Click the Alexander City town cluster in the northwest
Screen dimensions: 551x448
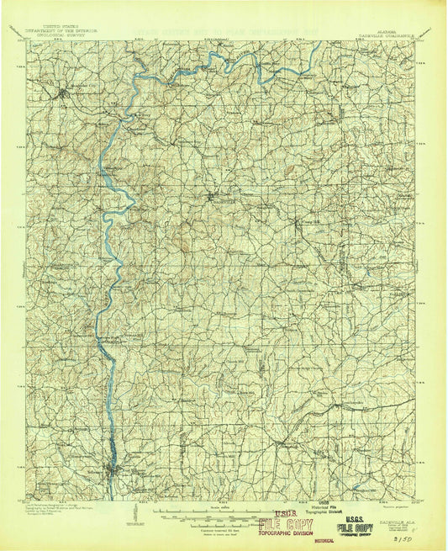[x=62, y=91]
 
